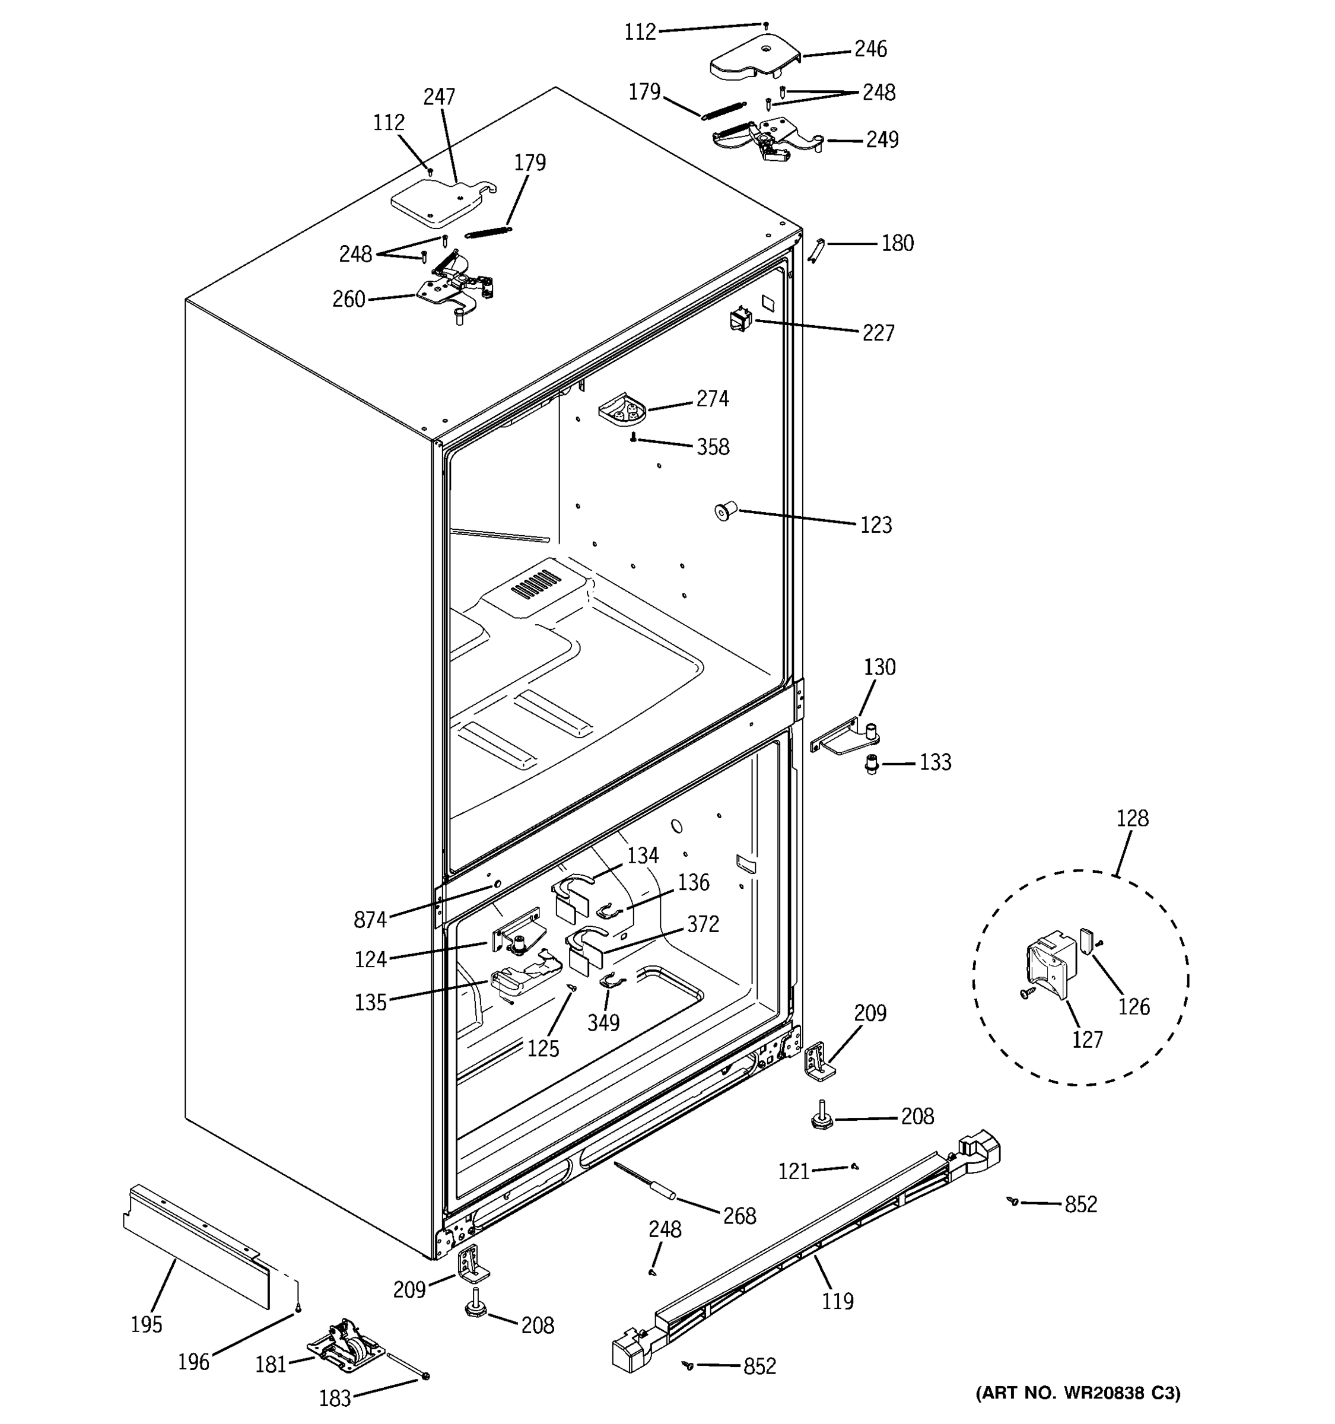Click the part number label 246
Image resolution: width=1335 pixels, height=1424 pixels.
870,49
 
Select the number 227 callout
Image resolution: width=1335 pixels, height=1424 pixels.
878,333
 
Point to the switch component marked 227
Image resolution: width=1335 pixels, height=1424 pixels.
739,319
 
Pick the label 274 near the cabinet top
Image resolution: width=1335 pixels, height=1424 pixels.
712,399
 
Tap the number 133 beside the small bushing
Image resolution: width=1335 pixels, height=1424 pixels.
935,762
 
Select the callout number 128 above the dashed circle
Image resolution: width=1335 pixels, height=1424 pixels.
1131,818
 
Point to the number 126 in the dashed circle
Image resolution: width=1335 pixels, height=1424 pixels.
1134,1007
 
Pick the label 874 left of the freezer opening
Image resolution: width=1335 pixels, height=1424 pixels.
370,920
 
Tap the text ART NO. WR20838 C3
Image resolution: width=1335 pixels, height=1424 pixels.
1078,1393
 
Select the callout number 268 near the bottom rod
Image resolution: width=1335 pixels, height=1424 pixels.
739,1216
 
